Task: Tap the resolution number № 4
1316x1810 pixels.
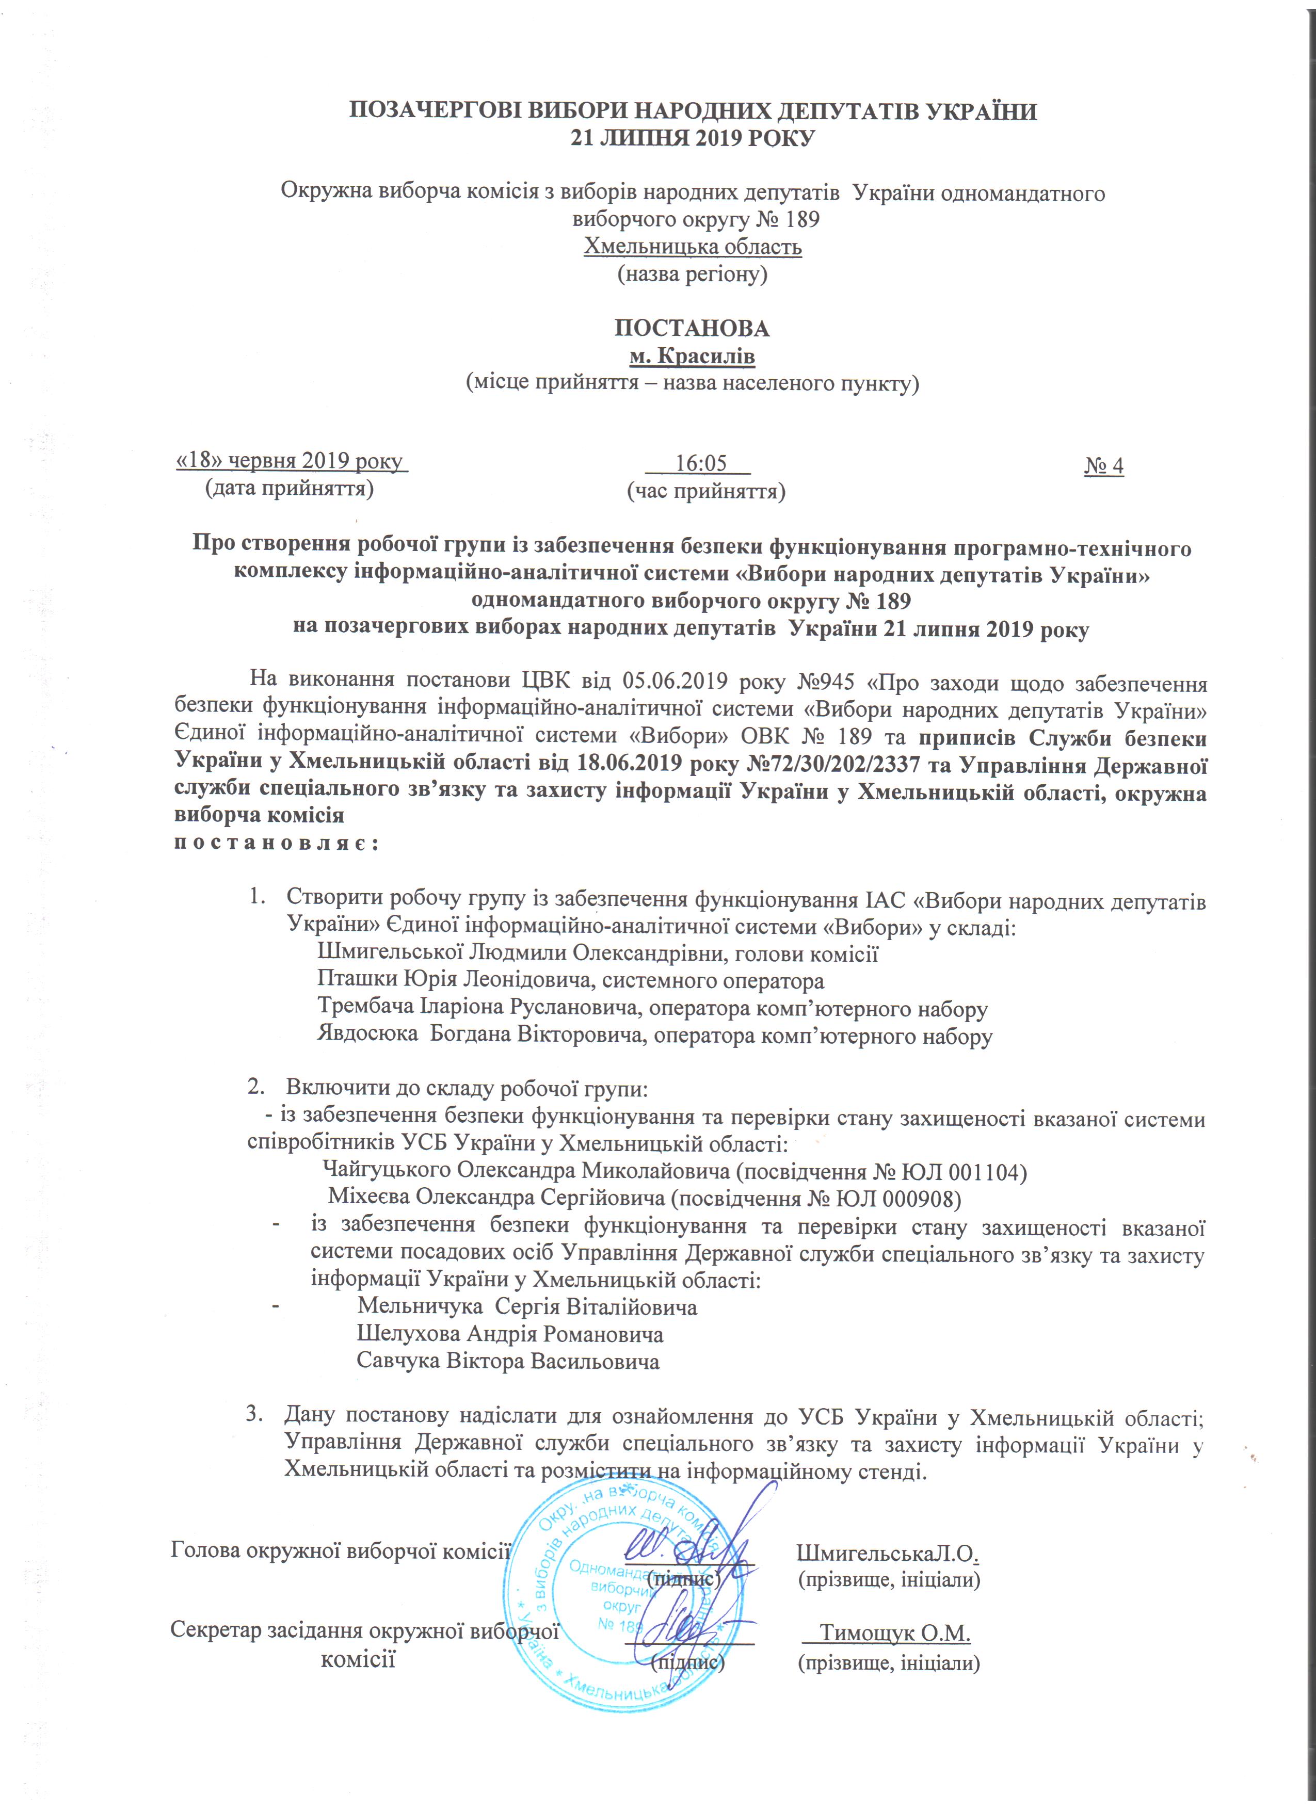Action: pos(1104,465)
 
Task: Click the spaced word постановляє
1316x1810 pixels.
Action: pos(276,844)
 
